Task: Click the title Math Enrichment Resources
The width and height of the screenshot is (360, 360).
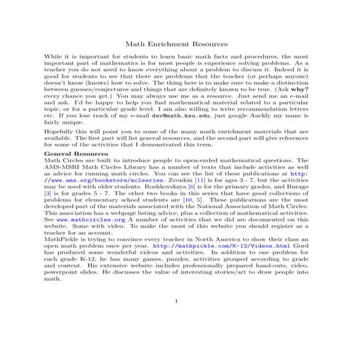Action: tap(180, 44)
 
